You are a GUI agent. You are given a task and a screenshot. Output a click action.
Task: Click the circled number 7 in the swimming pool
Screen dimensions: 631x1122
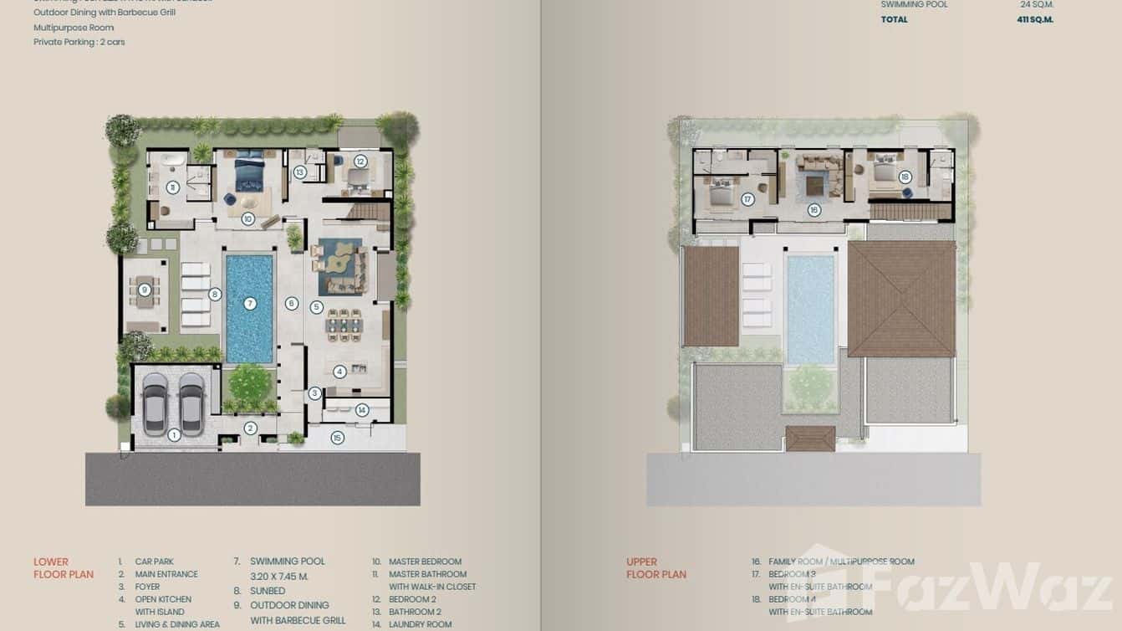(249, 304)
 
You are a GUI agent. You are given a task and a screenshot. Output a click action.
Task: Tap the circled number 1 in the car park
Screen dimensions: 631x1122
(174, 434)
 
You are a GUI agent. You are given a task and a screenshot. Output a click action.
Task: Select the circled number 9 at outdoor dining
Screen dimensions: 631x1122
(145, 290)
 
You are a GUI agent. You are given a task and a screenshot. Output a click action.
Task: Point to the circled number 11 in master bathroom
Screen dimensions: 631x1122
(172, 187)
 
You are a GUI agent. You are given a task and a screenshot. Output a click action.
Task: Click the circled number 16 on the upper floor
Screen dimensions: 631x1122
(814, 210)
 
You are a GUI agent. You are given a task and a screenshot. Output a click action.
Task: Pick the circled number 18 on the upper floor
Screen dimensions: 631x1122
(904, 177)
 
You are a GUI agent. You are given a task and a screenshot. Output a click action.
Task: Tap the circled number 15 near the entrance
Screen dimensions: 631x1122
(337, 438)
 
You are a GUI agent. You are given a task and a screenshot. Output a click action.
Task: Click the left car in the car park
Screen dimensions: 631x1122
(155, 404)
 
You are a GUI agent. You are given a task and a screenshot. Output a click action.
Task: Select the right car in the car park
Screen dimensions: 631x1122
(191, 404)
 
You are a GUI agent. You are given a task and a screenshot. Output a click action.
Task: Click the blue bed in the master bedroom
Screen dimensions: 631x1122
(248, 173)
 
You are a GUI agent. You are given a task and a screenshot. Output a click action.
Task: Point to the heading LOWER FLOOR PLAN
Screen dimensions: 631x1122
(63, 568)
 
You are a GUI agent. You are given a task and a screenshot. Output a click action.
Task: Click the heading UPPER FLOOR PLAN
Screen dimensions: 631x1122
(656, 568)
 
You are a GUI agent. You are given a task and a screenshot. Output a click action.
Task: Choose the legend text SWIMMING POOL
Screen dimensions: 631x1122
(288, 562)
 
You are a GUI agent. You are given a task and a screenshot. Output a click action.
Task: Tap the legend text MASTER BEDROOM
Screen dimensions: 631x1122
(425, 562)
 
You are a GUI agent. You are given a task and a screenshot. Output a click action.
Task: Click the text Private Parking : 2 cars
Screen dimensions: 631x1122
(79, 42)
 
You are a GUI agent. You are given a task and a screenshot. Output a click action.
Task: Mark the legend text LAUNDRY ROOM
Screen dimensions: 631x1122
(421, 624)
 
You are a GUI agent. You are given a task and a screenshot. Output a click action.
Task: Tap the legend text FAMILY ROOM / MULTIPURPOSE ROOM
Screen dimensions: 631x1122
(841, 562)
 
